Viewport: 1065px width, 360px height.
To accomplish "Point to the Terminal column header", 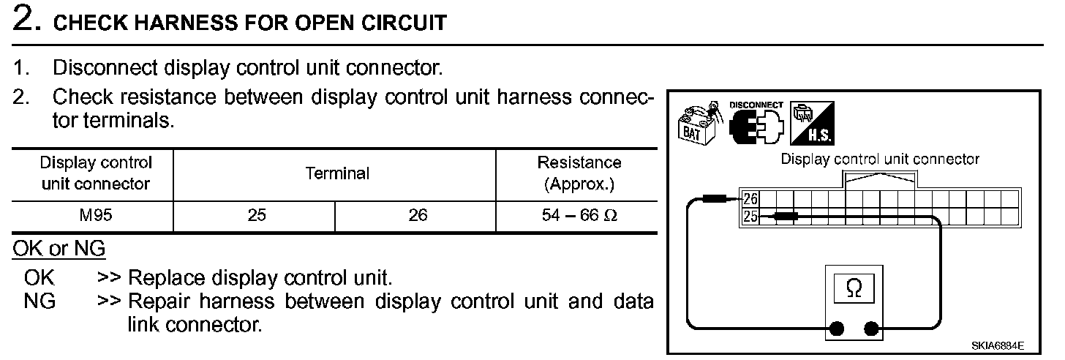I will [337, 173].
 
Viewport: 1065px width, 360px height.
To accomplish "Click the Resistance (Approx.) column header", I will [579, 173].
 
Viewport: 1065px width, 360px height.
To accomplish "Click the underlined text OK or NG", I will [59, 250].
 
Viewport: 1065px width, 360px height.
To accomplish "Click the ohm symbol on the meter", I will [853, 290].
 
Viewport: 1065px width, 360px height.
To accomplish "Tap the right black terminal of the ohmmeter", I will [871, 328].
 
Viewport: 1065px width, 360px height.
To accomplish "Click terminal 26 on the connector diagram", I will [749, 198].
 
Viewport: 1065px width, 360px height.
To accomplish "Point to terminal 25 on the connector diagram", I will [749, 217].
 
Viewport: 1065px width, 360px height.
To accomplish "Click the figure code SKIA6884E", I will [998, 346].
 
